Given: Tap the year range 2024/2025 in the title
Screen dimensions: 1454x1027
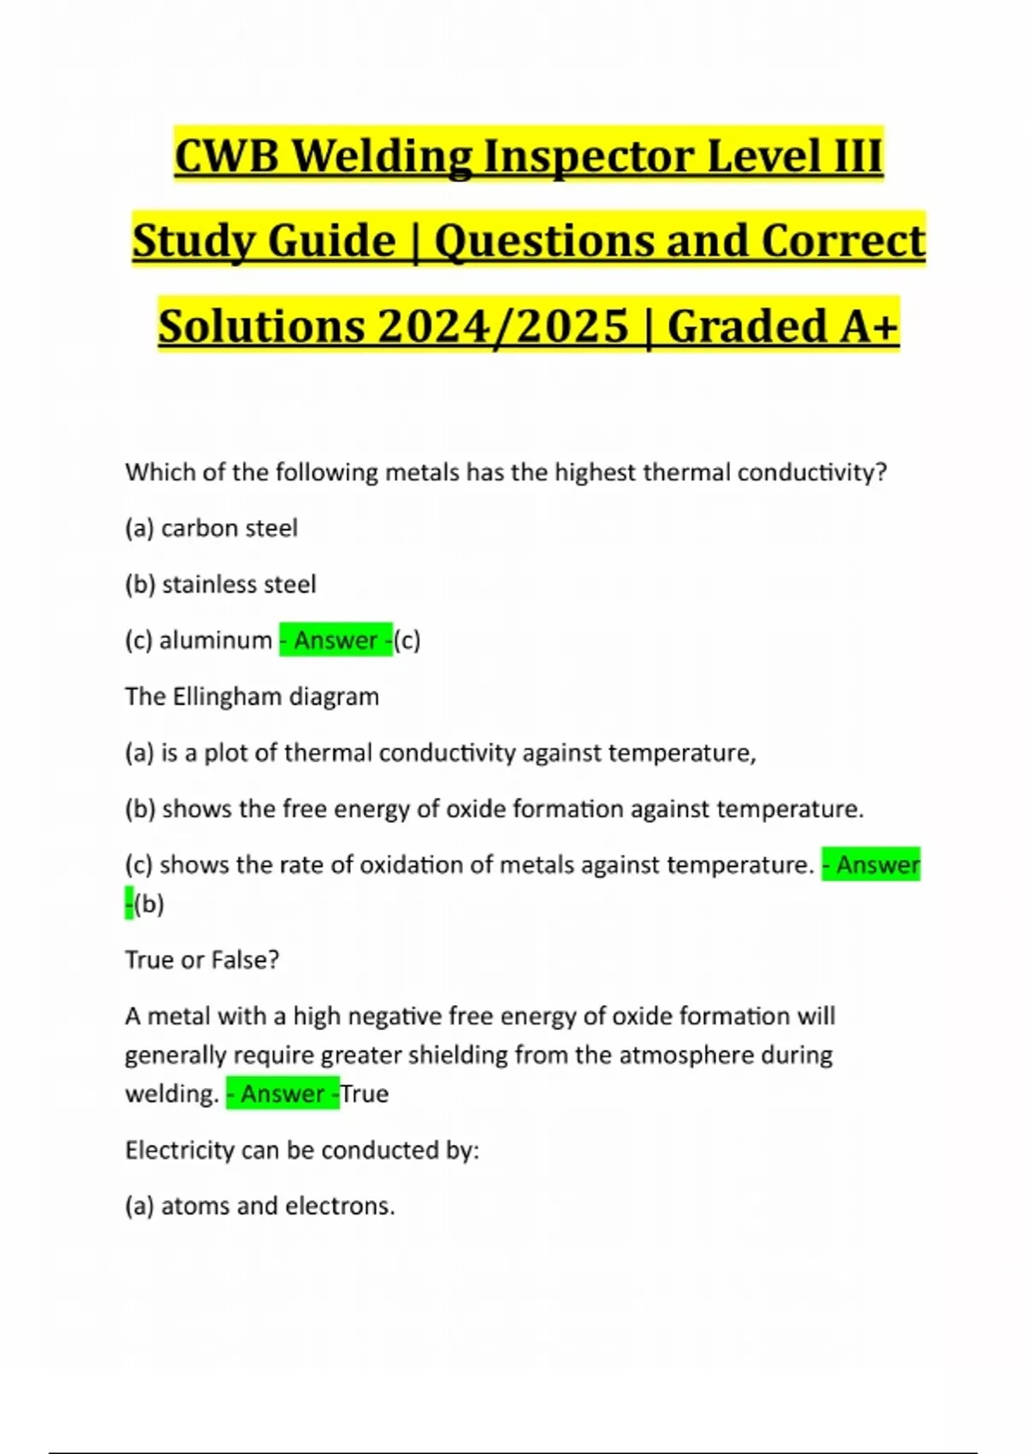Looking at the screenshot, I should point(502,326).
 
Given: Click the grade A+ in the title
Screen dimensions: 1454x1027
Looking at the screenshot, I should point(868,326).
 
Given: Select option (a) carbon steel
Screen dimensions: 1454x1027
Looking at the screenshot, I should point(211,529).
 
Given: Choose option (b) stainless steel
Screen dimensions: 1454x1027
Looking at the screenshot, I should point(220,585).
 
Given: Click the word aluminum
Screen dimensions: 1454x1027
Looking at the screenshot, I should point(216,641).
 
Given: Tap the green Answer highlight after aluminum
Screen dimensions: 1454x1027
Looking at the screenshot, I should point(335,641).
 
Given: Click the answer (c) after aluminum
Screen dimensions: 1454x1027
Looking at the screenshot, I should point(407,641).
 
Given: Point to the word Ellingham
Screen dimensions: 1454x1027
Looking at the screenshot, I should point(227,697).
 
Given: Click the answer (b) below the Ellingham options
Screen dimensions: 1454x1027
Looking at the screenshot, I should point(149,904).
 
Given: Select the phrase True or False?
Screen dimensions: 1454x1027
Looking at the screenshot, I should point(202,960).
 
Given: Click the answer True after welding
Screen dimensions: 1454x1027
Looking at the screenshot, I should point(365,1094).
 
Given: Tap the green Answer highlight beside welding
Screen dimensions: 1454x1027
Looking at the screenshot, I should point(282,1094).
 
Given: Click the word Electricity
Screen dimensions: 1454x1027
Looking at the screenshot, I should point(179,1150).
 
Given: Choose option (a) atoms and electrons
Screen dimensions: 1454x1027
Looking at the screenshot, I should point(259,1206).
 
